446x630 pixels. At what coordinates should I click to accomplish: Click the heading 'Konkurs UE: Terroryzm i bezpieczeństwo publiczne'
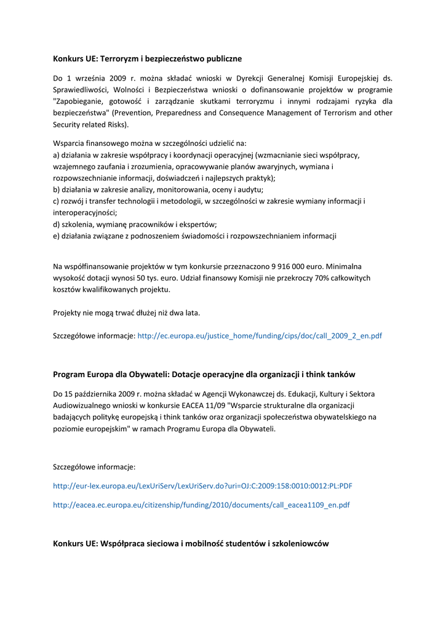pyautogui.click(x=147, y=59)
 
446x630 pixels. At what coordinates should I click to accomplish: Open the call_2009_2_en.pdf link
pyautogui.click(x=259, y=337)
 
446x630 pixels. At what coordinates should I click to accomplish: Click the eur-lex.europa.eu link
pyautogui.click(x=202, y=486)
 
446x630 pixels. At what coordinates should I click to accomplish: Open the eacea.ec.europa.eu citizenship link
pyautogui.click(x=201, y=505)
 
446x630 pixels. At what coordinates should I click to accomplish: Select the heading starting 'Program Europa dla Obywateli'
pyautogui.click(x=204, y=374)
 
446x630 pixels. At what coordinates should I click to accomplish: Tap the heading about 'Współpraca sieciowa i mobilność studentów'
pyautogui.click(x=191, y=544)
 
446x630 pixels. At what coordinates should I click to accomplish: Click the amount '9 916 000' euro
pyautogui.click(x=289, y=266)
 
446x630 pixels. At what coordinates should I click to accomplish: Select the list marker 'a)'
pyautogui.click(x=57, y=155)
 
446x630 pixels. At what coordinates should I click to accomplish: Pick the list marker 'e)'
pyautogui.click(x=57, y=236)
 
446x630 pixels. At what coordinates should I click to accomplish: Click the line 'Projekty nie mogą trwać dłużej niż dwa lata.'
pyautogui.click(x=127, y=313)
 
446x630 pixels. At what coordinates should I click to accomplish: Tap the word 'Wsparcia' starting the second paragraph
pyautogui.click(x=68, y=143)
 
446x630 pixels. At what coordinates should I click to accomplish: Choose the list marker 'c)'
pyautogui.click(x=57, y=201)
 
